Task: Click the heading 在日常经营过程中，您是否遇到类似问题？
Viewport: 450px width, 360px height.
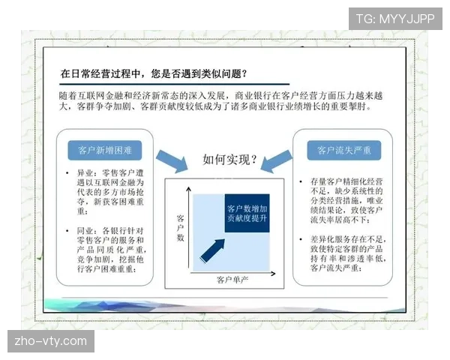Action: point(154,73)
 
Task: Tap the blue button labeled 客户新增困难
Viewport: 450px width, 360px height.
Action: point(105,150)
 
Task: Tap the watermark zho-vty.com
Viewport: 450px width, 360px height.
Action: point(51,341)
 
